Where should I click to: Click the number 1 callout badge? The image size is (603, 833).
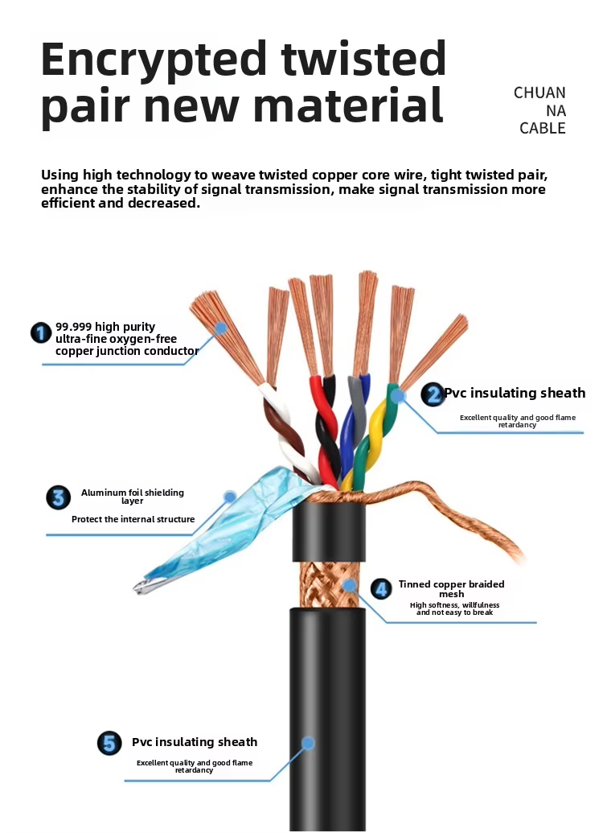[41, 332]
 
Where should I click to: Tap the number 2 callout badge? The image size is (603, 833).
[433, 394]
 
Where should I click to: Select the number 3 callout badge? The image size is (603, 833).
[58, 497]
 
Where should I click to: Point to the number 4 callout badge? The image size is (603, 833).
[384, 589]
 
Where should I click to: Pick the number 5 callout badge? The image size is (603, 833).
[109, 743]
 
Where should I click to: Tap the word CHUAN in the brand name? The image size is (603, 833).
[539, 93]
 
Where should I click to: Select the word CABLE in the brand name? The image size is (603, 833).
[542, 128]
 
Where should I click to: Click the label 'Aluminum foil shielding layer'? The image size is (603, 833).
[133, 496]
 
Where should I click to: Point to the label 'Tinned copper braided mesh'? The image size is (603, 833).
[451, 589]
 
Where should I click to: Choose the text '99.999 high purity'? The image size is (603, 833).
[105, 327]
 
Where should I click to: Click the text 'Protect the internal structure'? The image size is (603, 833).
[133, 519]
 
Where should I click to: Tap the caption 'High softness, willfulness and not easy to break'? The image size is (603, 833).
[454, 608]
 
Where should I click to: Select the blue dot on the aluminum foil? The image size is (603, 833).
[230, 497]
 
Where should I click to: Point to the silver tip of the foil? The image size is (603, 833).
[144, 587]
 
